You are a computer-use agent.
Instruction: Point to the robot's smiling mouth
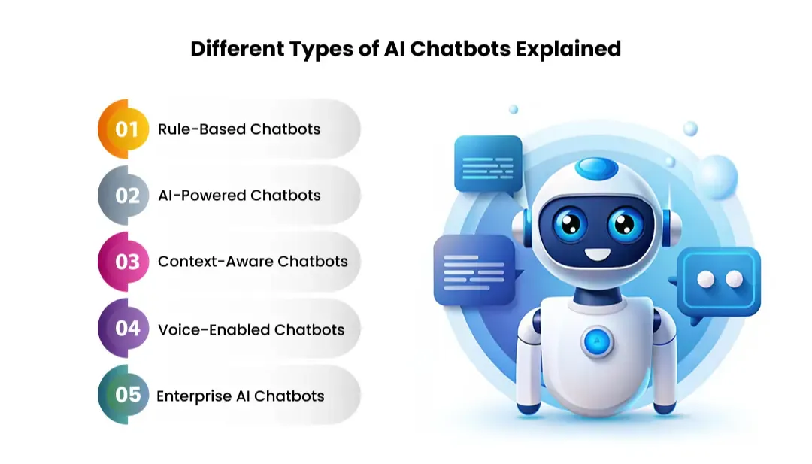point(598,254)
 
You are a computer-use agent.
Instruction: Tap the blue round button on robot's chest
point(597,340)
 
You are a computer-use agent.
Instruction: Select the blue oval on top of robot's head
point(597,167)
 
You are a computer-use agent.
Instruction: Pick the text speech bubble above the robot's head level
point(488,164)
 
